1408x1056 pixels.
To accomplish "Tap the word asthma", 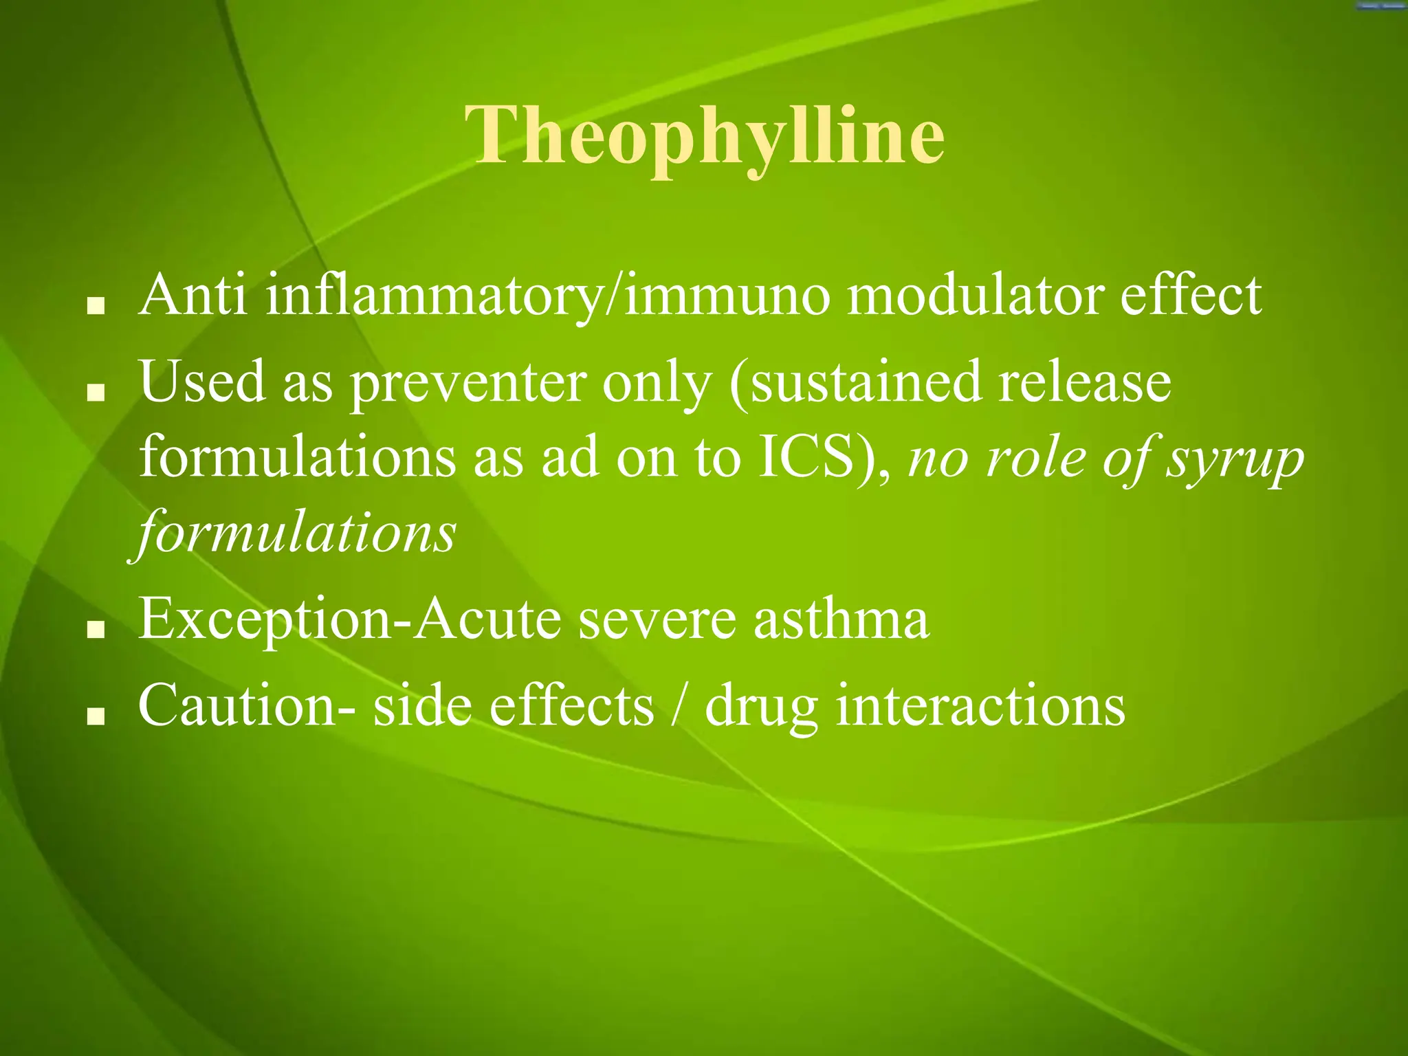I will [841, 619].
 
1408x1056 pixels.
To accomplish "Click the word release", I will [1085, 382].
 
